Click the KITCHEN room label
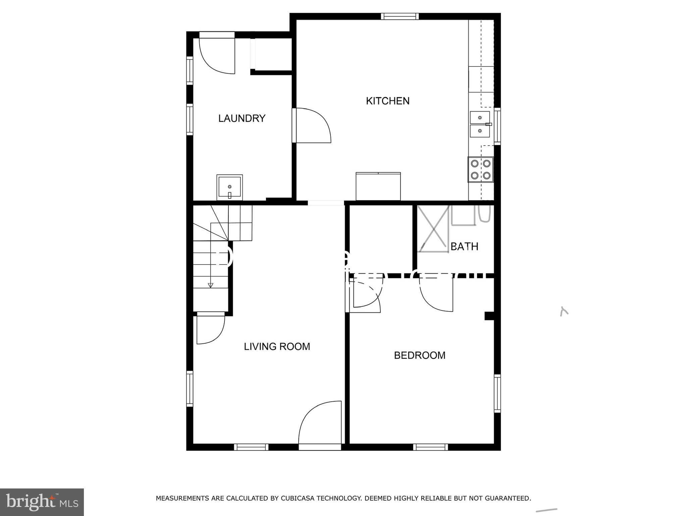387,101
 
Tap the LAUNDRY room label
242,118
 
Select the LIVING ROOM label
277,346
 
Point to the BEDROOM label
419,355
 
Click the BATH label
464,247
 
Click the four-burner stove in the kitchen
480,170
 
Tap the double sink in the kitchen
480,124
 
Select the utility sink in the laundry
229,187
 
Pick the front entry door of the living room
320,425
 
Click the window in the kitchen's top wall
400,16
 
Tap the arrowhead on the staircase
210,286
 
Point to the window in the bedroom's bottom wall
430,447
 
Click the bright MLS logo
42,502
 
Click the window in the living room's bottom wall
251,447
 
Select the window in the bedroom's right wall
497,393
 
